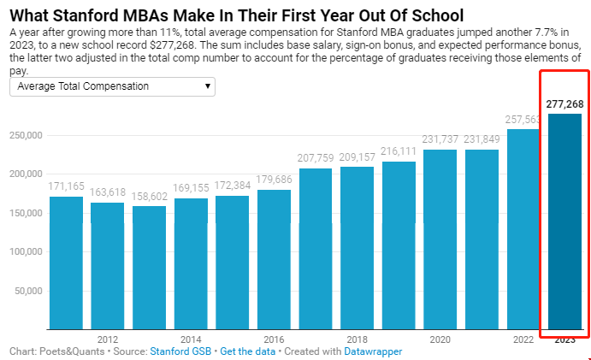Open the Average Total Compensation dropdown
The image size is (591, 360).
112,86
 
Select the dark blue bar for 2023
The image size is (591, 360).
564,222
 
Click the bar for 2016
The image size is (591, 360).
274,260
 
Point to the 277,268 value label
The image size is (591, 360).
564,104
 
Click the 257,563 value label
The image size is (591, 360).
523,120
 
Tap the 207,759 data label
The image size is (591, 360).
316,158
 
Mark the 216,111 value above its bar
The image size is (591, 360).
399,151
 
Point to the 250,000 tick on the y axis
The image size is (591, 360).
26,135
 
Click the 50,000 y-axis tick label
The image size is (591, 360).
28,291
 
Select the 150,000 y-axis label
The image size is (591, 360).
26,213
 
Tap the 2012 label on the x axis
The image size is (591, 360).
108,339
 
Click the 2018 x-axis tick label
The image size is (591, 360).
358,339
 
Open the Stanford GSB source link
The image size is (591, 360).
180,351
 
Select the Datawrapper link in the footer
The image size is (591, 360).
373,351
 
